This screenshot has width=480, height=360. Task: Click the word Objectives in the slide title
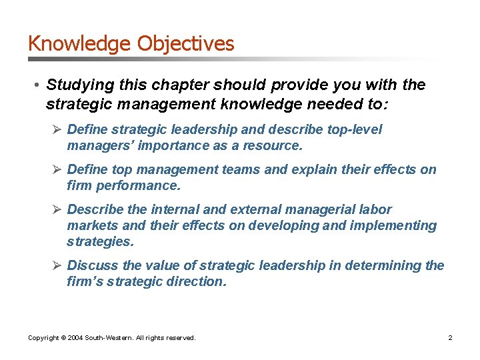click(186, 44)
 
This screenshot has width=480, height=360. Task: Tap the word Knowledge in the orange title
click(80, 44)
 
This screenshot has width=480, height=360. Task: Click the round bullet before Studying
click(37, 85)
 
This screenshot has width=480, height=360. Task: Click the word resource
click(273, 145)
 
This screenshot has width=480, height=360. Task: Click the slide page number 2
click(450, 338)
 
